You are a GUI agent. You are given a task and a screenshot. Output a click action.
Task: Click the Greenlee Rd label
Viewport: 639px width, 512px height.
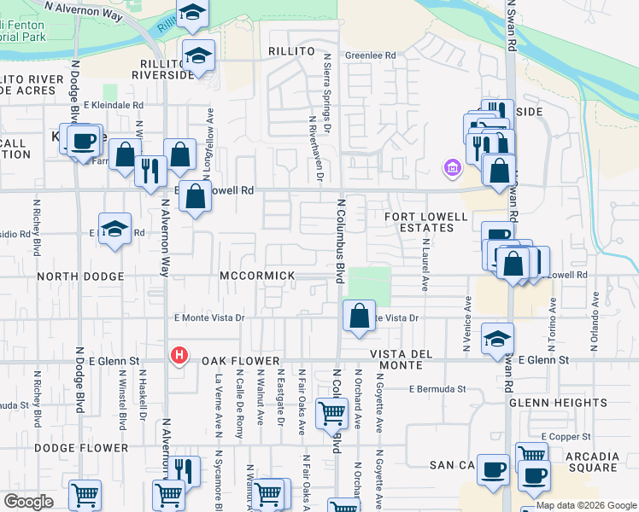[x=370, y=56]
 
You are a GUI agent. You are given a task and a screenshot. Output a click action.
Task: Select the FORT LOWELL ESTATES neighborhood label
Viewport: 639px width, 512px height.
[x=418, y=222]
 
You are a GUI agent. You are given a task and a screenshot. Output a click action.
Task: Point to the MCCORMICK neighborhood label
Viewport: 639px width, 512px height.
[x=257, y=276]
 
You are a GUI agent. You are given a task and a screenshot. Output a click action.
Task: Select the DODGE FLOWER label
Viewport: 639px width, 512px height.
[x=81, y=448]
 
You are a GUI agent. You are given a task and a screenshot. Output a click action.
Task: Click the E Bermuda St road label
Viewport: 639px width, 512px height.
[x=437, y=389]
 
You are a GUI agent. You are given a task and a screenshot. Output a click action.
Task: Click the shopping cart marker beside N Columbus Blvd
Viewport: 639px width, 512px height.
[x=331, y=414]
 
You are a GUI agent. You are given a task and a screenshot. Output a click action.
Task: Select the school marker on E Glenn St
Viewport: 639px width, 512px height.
[x=497, y=338]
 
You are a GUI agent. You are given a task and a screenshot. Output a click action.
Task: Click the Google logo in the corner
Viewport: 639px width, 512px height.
[x=28, y=502]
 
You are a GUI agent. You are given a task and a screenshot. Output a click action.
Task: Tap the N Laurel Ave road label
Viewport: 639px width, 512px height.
[x=424, y=265]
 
